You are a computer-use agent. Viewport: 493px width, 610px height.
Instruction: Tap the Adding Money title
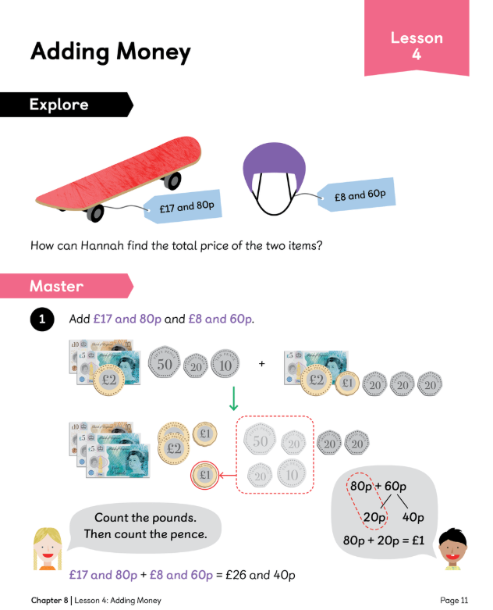tap(110, 52)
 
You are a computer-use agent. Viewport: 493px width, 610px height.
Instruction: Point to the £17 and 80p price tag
tap(186, 208)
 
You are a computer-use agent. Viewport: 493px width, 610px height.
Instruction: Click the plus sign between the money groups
tap(261, 363)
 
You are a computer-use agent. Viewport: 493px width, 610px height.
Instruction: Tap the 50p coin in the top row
tap(165, 362)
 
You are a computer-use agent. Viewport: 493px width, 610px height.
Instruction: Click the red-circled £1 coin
tap(204, 474)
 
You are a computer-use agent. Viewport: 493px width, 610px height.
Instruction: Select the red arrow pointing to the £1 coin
tap(225, 473)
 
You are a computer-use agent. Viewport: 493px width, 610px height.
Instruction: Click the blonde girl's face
tap(48, 548)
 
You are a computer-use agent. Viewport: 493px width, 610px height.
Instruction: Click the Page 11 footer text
tap(454, 600)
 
